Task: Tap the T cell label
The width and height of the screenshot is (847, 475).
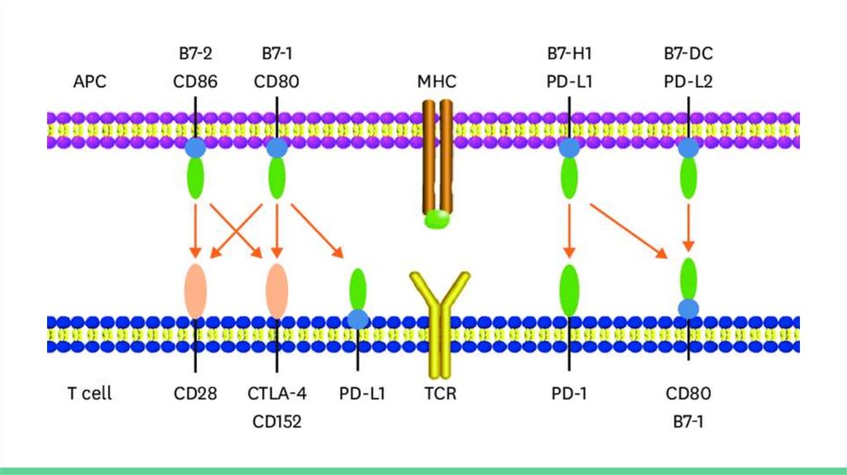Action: point(89,393)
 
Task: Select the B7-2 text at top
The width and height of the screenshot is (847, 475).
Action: point(195,55)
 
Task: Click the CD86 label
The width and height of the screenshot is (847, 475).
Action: point(195,82)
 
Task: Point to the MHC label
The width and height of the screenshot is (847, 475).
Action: point(438,82)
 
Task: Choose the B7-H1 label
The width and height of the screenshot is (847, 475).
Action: point(569,55)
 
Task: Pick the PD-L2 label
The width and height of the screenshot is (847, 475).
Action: point(688,82)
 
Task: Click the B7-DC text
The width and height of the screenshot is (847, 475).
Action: point(688,55)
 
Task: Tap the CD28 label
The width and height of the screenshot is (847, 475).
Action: point(195,393)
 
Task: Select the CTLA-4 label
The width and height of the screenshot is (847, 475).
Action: point(277,393)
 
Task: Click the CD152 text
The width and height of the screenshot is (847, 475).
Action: point(277,421)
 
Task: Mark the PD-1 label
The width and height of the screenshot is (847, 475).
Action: point(569,393)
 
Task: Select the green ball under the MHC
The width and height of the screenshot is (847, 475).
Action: point(437,218)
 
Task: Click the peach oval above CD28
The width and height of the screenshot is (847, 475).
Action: point(195,290)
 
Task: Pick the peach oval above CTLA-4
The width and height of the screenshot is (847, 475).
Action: point(277,290)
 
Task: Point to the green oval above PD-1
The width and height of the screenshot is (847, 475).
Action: point(569,290)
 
